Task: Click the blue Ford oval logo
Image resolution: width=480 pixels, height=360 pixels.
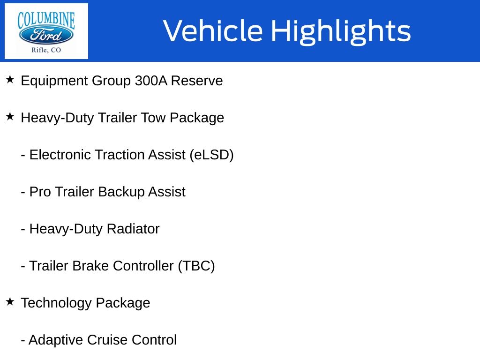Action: (x=46, y=35)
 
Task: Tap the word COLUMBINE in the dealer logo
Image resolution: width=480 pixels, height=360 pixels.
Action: (x=46, y=20)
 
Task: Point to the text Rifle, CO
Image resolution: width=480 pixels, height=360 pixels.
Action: (x=46, y=50)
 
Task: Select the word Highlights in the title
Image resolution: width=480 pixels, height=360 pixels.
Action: (x=341, y=32)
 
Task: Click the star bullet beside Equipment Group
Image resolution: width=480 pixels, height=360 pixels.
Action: (x=10, y=79)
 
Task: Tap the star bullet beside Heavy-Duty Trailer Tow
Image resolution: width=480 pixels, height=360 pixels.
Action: (x=10, y=116)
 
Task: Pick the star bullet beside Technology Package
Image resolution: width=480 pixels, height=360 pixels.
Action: (x=10, y=301)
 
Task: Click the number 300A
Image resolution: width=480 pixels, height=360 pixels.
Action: (x=151, y=81)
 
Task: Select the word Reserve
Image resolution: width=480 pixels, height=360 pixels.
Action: (x=197, y=81)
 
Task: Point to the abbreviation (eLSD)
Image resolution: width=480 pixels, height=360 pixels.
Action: (x=211, y=155)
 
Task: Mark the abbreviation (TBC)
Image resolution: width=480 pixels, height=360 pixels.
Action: (x=196, y=266)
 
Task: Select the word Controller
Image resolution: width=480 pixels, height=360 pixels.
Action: (x=143, y=266)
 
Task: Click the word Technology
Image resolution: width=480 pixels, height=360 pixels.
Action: (x=56, y=303)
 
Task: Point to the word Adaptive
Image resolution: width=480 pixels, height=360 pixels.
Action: (x=56, y=340)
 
